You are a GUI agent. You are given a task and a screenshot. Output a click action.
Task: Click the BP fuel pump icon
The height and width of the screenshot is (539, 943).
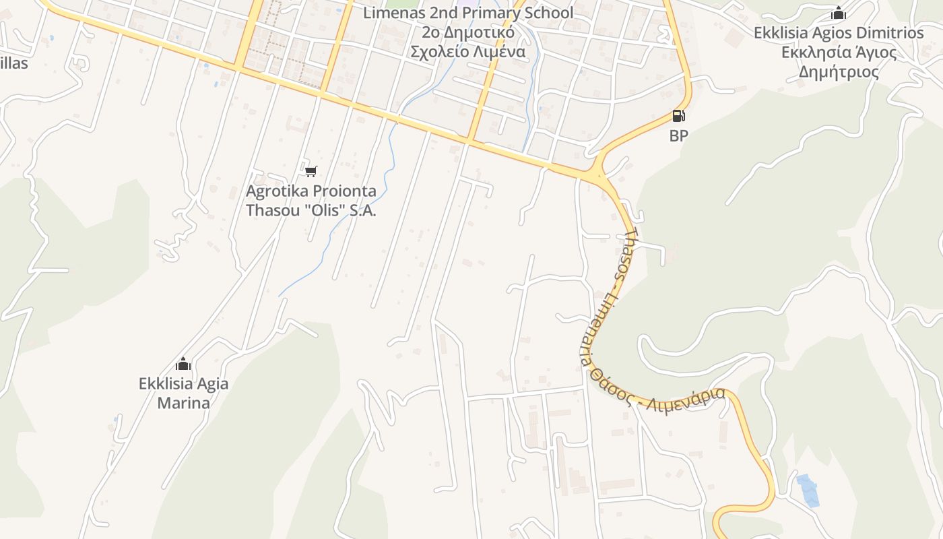[x=678, y=116]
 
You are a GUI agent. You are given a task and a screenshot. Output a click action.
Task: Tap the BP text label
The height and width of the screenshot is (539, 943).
[x=678, y=135]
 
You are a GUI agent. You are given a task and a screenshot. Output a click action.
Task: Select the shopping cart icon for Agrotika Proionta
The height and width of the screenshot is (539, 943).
[x=311, y=172]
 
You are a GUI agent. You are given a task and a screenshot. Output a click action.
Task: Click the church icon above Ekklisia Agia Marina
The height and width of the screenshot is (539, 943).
[x=183, y=364]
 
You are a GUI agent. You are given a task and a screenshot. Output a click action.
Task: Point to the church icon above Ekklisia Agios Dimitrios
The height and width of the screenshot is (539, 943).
[x=838, y=13]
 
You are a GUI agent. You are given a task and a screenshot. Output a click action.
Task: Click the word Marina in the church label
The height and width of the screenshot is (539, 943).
[x=183, y=403]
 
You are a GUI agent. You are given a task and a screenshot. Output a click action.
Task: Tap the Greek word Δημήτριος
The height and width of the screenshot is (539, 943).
[x=839, y=72]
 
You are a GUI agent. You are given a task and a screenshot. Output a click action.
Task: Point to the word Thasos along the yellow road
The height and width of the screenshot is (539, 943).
[x=626, y=255]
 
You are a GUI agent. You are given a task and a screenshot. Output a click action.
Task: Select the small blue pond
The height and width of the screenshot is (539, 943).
[x=808, y=489]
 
